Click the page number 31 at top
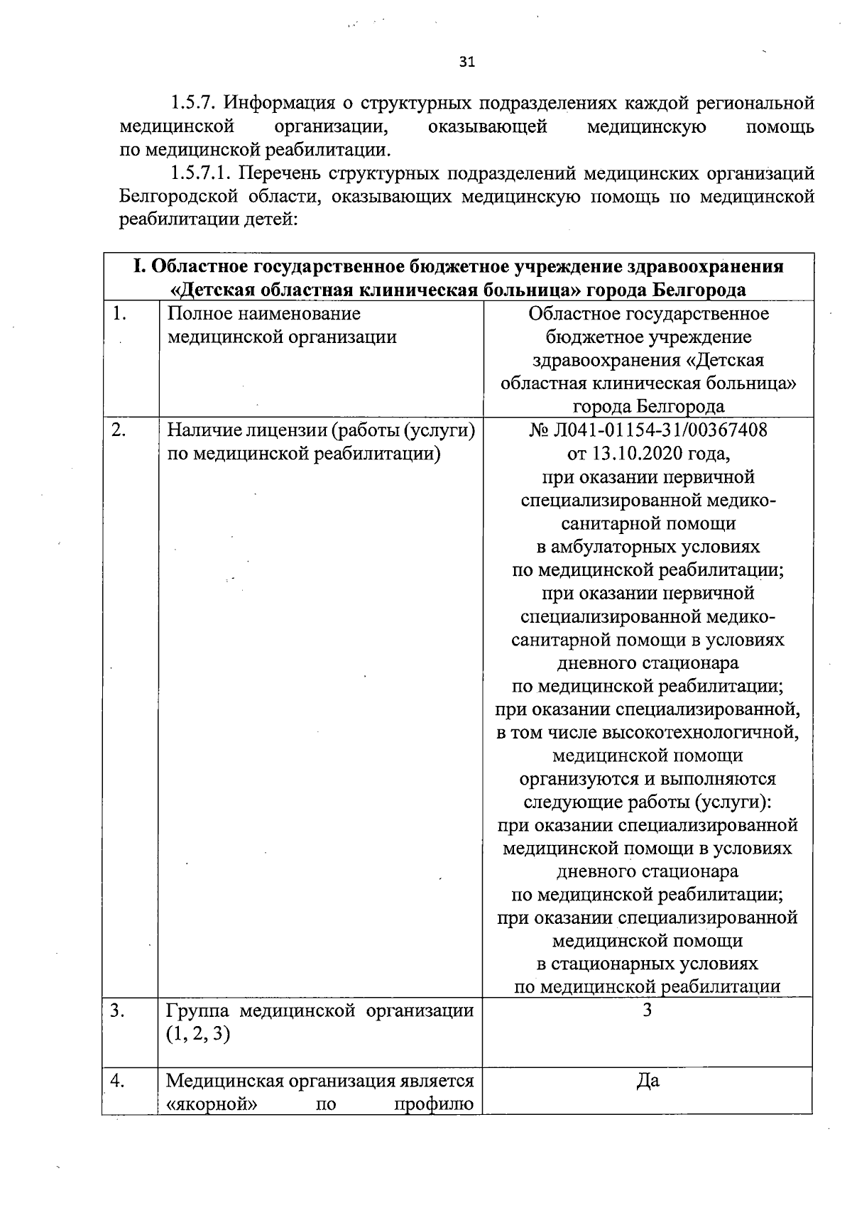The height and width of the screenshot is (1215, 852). (466, 62)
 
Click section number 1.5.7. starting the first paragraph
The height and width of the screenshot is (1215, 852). (194, 104)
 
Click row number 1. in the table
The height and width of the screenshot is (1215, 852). (119, 314)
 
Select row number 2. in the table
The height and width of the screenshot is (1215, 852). (119, 430)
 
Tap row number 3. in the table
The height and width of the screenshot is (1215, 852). (119, 1010)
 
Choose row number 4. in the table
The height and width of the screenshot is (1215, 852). (119, 1081)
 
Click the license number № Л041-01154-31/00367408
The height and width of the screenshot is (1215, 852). (648, 430)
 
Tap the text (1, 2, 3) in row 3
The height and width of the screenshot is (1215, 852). (198, 1034)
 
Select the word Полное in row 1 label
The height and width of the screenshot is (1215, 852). (200, 314)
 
